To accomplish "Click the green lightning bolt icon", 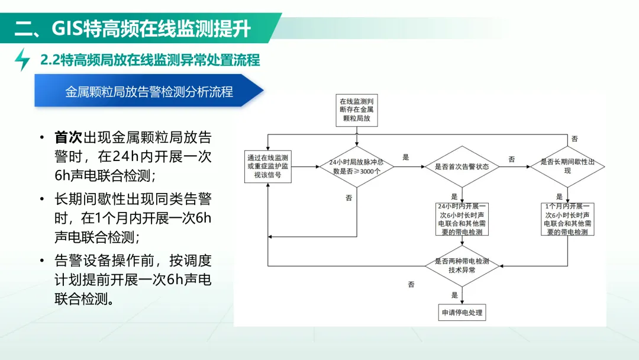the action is (x=22, y=60).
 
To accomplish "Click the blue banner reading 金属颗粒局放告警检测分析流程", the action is (x=149, y=91).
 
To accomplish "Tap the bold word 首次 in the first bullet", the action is (x=68, y=137).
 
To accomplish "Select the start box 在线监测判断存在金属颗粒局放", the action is (x=357, y=110).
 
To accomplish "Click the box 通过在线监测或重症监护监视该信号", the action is (x=268, y=166).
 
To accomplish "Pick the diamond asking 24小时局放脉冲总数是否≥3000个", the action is (x=357, y=167).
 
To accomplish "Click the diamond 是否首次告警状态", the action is (x=461, y=166).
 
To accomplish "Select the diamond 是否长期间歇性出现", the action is (x=567, y=166).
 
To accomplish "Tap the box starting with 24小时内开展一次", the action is (x=462, y=219).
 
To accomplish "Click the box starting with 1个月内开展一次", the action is (x=567, y=219).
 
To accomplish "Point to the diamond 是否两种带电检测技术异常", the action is (x=462, y=266).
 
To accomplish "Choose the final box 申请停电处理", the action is (x=462, y=312).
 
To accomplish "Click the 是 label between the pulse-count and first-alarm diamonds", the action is (x=405, y=157).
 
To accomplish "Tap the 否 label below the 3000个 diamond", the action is (x=349, y=198).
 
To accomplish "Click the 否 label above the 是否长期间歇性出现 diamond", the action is (x=575, y=139).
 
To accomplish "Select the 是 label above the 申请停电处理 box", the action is (x=455, y=295).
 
